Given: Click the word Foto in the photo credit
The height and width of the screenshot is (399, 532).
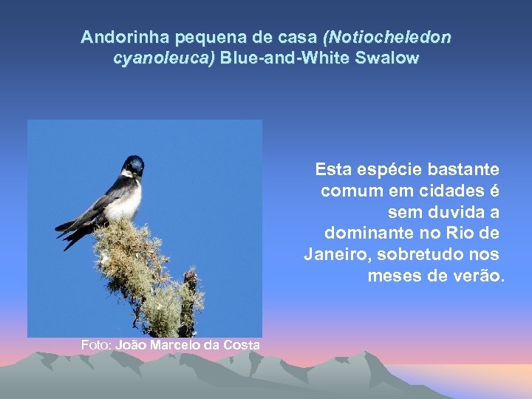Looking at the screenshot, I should pyautogui.click(x=95, y=345).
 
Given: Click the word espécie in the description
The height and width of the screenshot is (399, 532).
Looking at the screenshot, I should pyautogui.click(x=386, y=169).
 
